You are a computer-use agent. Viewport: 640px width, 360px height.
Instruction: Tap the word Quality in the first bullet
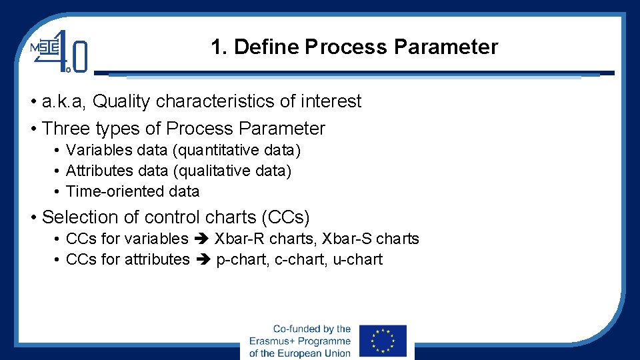[x=122, y=101]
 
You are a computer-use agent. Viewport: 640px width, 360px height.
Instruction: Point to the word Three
[x=66, y=128]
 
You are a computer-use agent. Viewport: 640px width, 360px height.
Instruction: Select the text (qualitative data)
[x=232, y=171]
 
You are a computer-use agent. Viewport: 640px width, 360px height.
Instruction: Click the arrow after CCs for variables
[x=201, y=239]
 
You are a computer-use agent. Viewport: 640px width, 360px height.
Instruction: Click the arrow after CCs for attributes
[x=203, y=260]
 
